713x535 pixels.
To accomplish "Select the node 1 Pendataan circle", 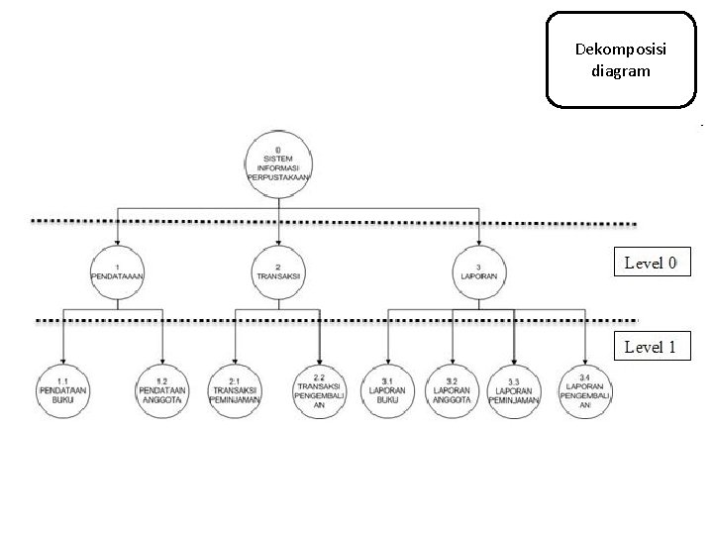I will pos(118,272).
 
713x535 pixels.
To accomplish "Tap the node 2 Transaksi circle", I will pos(278,272).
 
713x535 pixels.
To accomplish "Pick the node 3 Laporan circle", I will pos(480,272).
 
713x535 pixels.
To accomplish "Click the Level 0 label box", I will pos(650,264).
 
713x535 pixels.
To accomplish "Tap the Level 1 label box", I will pos(650,347).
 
